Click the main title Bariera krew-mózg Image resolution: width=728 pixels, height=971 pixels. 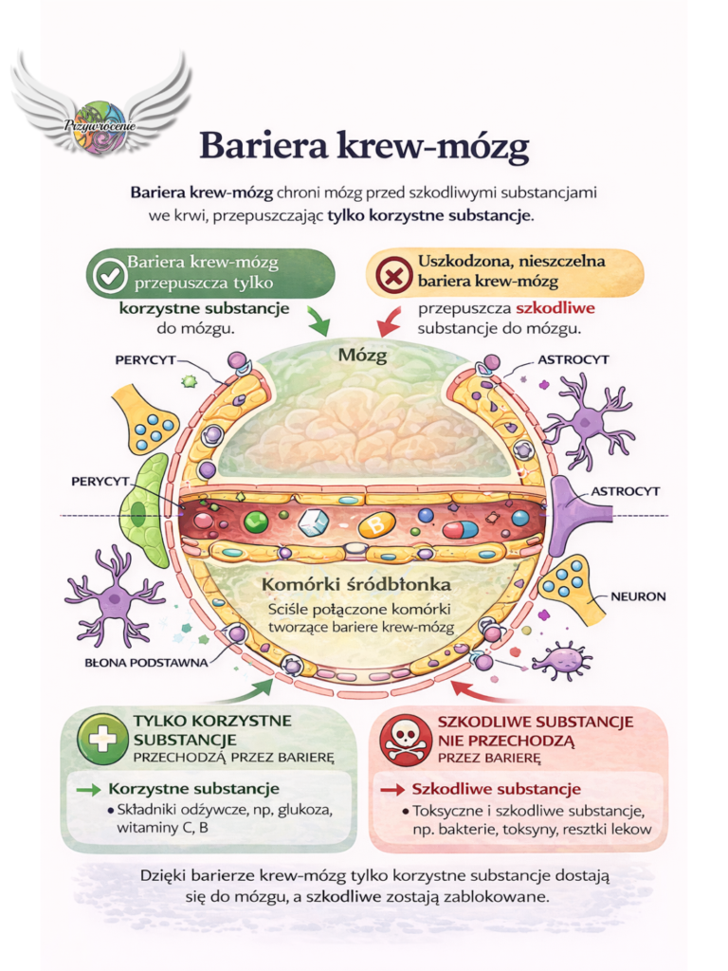[363, 147]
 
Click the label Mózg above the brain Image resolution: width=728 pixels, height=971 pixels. [364, 356]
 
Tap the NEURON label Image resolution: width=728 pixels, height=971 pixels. [639, 596]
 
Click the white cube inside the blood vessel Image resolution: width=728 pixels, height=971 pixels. [313, 522]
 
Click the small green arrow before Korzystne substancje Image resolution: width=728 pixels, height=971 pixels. [87, 788]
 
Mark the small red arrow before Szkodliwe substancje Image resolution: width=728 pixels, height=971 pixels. [391, 789]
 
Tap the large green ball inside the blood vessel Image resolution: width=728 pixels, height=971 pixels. [255, 521]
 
